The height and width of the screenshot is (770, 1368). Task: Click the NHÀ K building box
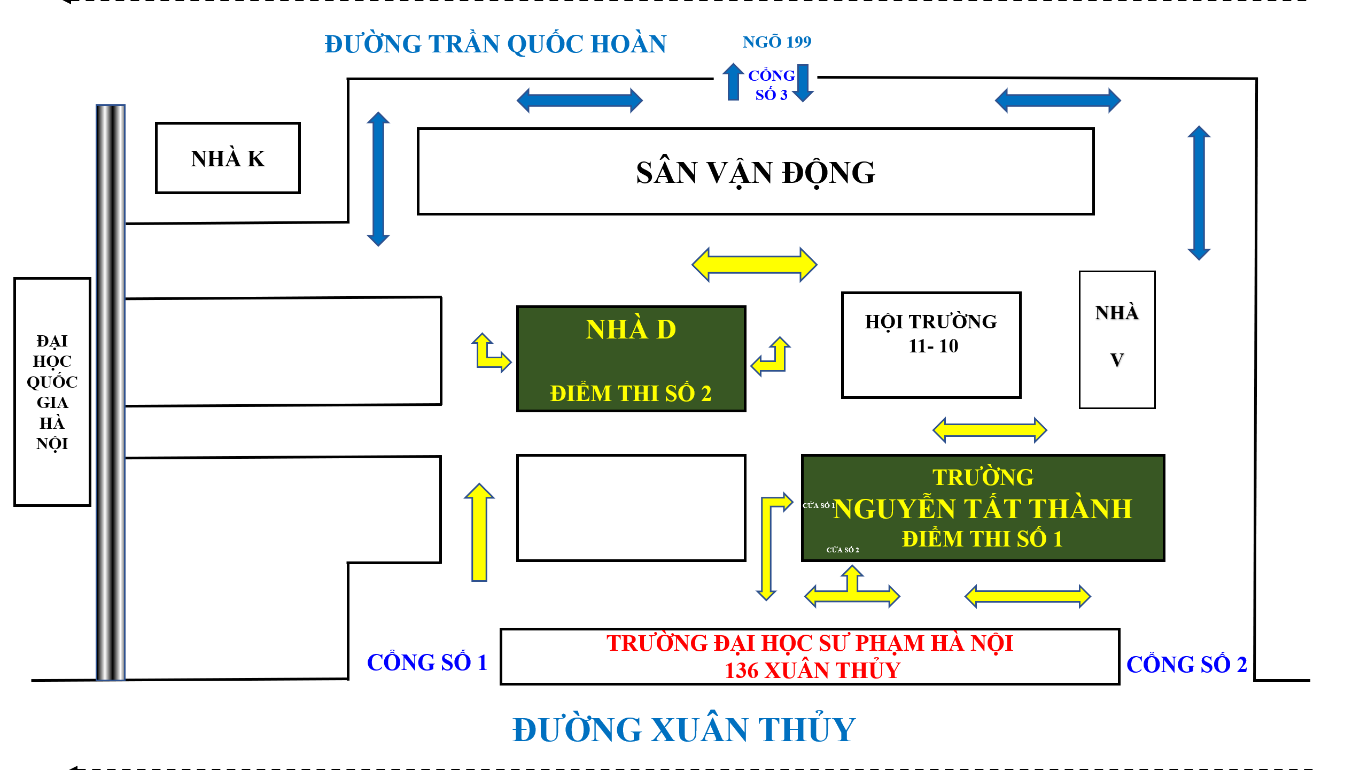tap(228, 158)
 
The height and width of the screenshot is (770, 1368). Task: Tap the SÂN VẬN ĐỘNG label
tap(755, 173)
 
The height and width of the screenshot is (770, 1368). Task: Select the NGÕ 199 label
tap(776, 42)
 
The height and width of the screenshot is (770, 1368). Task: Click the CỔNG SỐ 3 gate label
tap(771, 85)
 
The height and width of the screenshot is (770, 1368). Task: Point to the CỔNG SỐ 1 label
tap(427, 663)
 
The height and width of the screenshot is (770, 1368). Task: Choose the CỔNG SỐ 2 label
tap(1186, 665)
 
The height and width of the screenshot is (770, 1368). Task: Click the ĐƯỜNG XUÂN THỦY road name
tap(683, 729)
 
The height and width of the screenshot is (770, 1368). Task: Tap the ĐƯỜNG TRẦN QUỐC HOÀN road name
tap(495, 44)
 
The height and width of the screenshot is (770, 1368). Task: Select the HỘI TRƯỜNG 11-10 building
tap(931, 345)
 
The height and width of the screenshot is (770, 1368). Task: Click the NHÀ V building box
tap(1117, 340)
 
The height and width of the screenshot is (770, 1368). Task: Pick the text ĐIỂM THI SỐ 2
tap(631, 394)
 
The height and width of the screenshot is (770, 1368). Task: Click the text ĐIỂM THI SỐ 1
tap(982, 539)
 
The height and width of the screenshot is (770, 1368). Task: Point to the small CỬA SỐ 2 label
tap(843, 550)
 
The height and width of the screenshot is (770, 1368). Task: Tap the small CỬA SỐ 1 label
tap(818, 505)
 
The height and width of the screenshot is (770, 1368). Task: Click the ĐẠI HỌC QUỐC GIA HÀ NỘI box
tap(52, 391)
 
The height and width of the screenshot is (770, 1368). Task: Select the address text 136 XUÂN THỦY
tap(812, 671)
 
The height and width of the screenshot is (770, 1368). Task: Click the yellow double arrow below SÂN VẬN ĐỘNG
tap(754, 264)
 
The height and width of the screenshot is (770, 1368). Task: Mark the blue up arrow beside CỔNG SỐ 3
tap(733, 81)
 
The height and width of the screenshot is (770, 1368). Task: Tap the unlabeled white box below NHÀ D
tap(631, 507)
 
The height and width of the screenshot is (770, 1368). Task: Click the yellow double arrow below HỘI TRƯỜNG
tap(989, 430)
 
